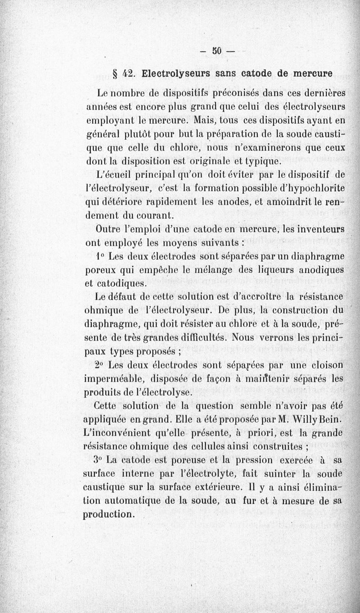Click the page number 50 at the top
(217, 50)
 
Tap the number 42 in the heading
(130, 73)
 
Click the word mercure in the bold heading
(313, 73)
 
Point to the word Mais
(205, 121)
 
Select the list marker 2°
(99, 365)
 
